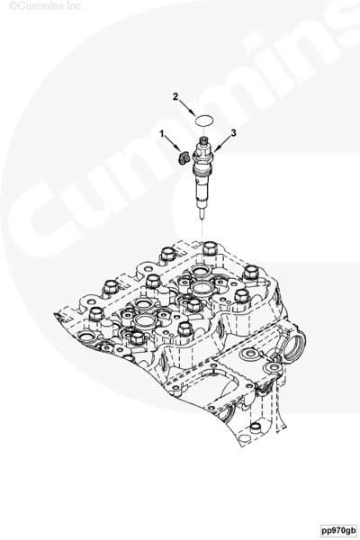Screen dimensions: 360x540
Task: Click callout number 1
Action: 162,134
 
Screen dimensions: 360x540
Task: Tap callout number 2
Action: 175,97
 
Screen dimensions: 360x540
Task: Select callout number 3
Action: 234,133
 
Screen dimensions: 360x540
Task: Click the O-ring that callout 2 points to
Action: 204,121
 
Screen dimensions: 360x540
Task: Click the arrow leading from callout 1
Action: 173,143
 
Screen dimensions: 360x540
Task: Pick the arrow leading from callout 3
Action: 222,144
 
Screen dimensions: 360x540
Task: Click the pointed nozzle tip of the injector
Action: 202,214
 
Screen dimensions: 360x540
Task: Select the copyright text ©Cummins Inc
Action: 45,6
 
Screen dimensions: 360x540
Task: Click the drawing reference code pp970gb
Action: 338,529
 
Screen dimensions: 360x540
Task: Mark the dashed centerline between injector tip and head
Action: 202,232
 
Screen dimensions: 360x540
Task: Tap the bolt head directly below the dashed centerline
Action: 209,248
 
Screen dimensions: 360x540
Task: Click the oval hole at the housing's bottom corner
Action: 244,438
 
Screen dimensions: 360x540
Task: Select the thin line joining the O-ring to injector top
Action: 204,130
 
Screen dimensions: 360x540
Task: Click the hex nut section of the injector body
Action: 203,151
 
